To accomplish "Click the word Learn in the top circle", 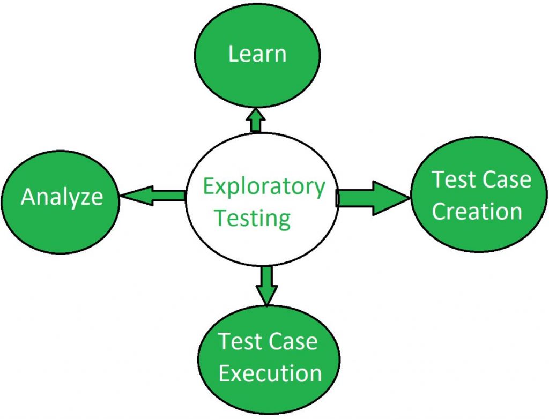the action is click(257, 54).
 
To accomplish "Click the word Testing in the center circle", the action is click(253, 219).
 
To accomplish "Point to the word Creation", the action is click(477, 211).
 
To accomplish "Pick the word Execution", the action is click(270, 373).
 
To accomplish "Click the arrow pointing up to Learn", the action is click(256, 120).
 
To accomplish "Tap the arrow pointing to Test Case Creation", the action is click(373, 198).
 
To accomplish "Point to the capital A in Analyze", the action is click(28, 197).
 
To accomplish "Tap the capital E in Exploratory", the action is click(209, 186).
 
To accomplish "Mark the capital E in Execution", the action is click(224, 373).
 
